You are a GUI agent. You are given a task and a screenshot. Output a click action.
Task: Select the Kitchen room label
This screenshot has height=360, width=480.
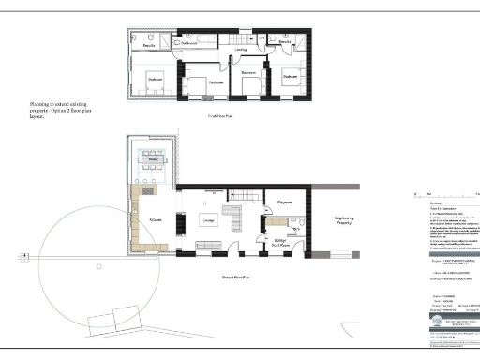(x=156, y=220)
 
